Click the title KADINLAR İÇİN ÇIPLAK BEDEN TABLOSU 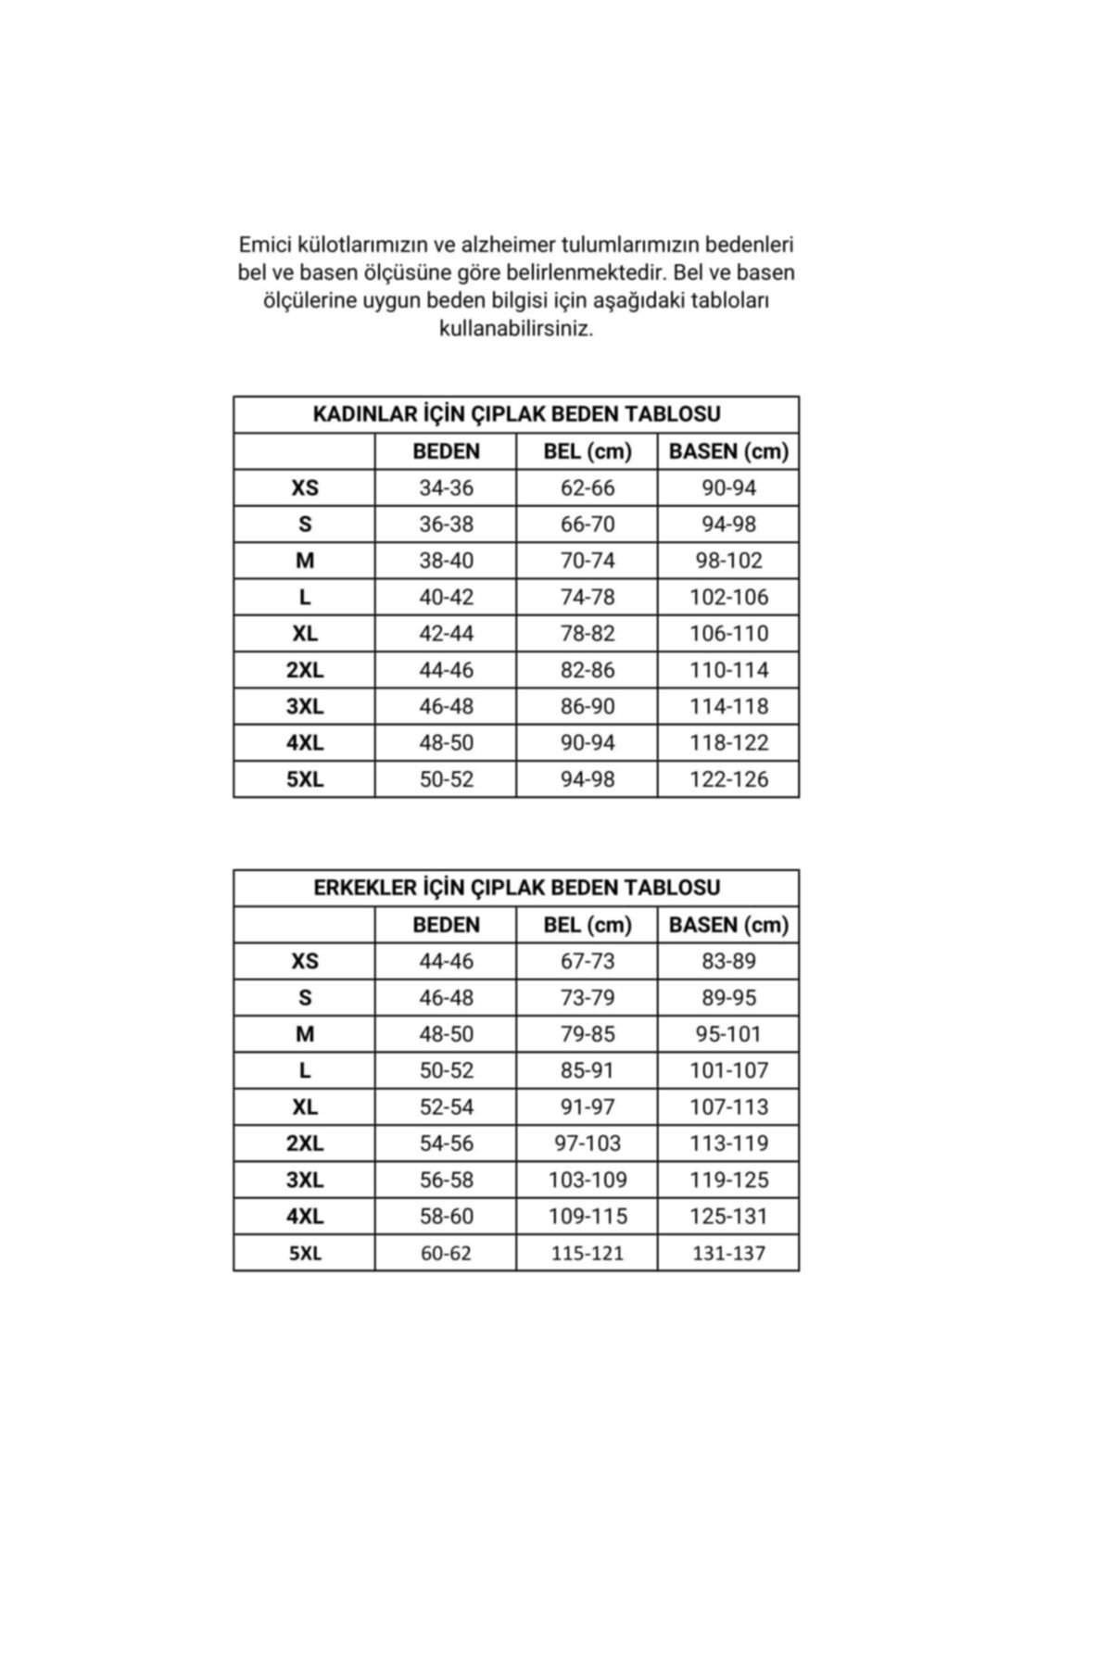516,414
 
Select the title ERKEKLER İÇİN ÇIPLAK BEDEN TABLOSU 516,888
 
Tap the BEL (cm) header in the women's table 587,451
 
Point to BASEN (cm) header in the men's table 728,925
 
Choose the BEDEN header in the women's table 446,451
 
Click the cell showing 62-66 587,487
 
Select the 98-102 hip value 728,561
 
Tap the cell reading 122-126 728,779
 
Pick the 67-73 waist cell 587,961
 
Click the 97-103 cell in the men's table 587,1144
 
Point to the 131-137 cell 728,1253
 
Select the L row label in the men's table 305,1070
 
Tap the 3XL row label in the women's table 305,706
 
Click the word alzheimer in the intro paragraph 508,245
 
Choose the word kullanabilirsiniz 516,329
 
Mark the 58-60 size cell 446,1217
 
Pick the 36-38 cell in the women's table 446,524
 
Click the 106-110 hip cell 728,634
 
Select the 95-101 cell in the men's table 728,1034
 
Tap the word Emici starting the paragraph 265,245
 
